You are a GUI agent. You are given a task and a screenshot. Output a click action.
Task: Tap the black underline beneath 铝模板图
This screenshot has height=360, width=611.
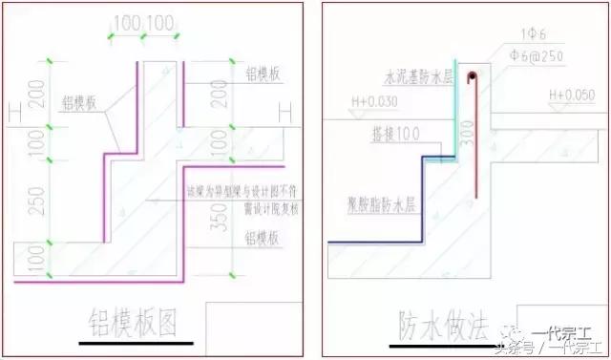click(x=137, y=343)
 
